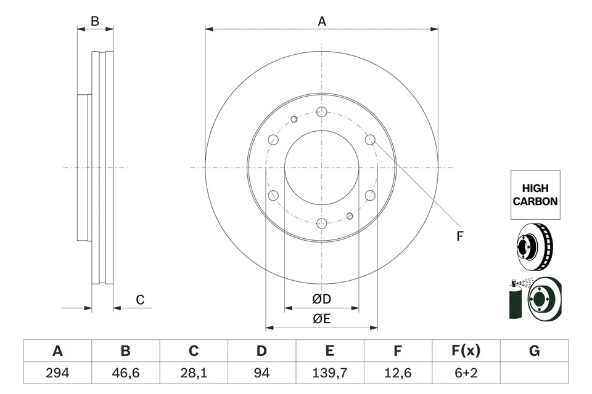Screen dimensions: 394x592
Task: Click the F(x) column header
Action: click(x=466, y=351)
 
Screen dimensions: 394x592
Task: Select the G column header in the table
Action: click(x=534, y=351)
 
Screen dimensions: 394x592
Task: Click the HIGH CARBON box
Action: click(x=535, y=195)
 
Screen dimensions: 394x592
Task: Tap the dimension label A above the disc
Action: click(x=321, y=22)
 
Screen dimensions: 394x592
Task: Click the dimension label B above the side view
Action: click(x=94, y=22)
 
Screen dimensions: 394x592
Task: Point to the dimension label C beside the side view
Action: click(x=140, y=300)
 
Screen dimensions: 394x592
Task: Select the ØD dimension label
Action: click(x=321, y=299)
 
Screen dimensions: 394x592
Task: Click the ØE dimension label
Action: click(x=321, y=319)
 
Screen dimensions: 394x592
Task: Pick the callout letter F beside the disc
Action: click(x=459, y=236)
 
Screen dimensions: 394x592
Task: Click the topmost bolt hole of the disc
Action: click(x=321, y=111)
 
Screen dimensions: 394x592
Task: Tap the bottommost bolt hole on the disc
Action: click(x=321, y=223)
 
